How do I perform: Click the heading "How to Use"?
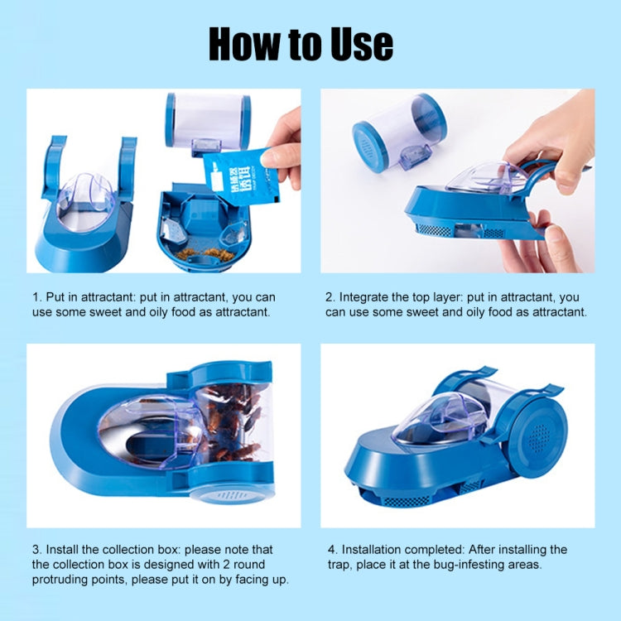tap(301, 43)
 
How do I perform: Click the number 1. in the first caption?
tap(37, 296)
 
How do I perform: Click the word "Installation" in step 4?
tap(378, 550)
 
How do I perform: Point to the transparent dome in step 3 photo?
tap(149, 431)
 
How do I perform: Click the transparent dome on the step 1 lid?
tap(86, 198)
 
